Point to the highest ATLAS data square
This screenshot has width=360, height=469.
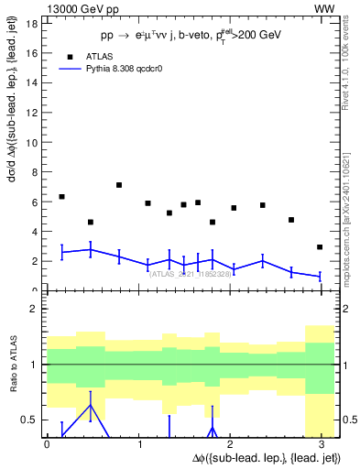(x=119, y=185)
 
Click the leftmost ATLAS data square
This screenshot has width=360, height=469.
(x=61, y=197)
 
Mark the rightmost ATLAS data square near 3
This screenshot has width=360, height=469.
(x=320, y=247)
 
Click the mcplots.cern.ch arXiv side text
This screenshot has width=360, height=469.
(x=351, y=211)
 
